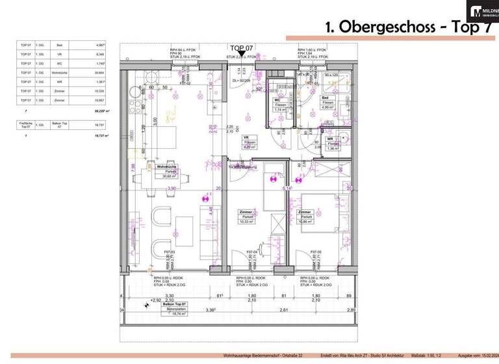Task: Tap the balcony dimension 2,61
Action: (x=284, y=311)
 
